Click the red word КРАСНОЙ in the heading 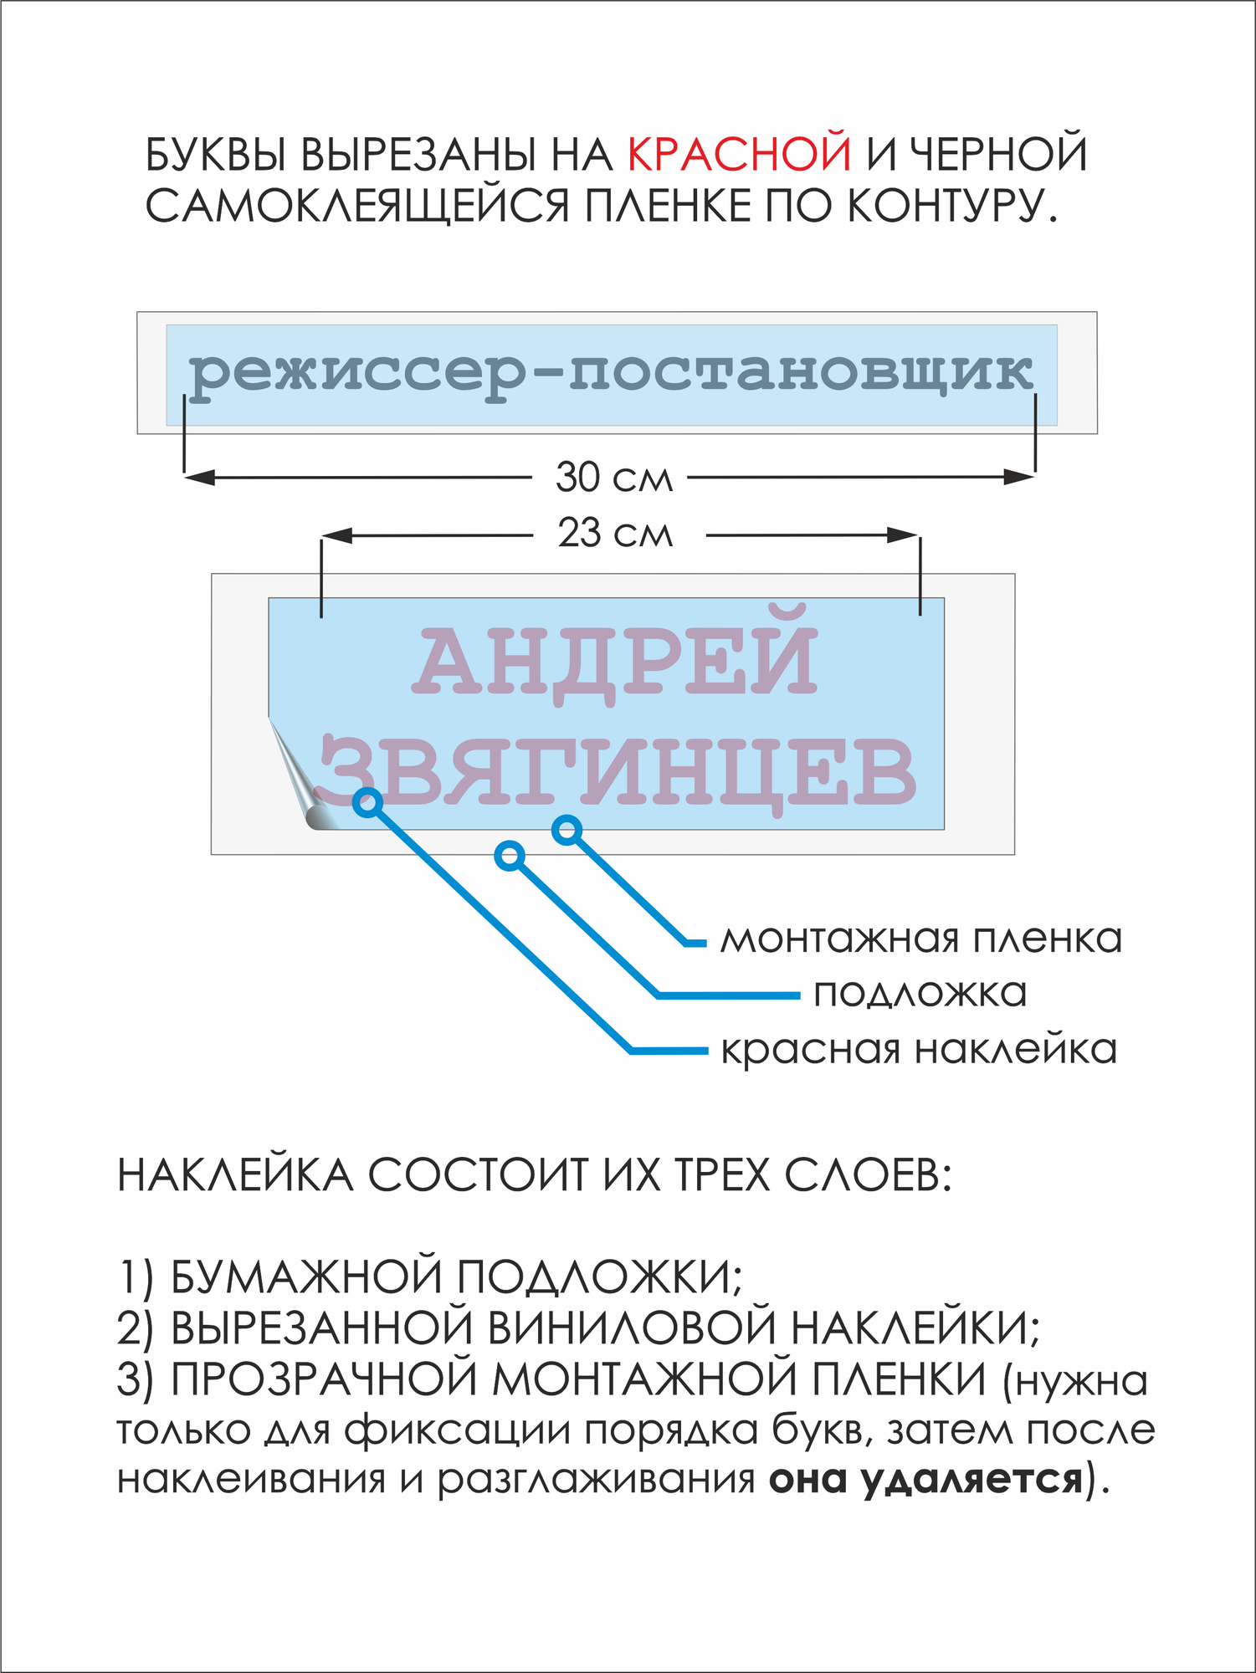point(739,154)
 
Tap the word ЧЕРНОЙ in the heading point(998,154)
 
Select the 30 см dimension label point(614,478)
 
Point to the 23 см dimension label point(615,534)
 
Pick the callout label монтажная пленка point(920,939)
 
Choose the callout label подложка point(920,994)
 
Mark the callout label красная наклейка point(919,1049)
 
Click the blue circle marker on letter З point(367,802)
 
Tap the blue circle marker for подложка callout point(510,856)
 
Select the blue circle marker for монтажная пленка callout point(567,830)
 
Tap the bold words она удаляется point(925,1479)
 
